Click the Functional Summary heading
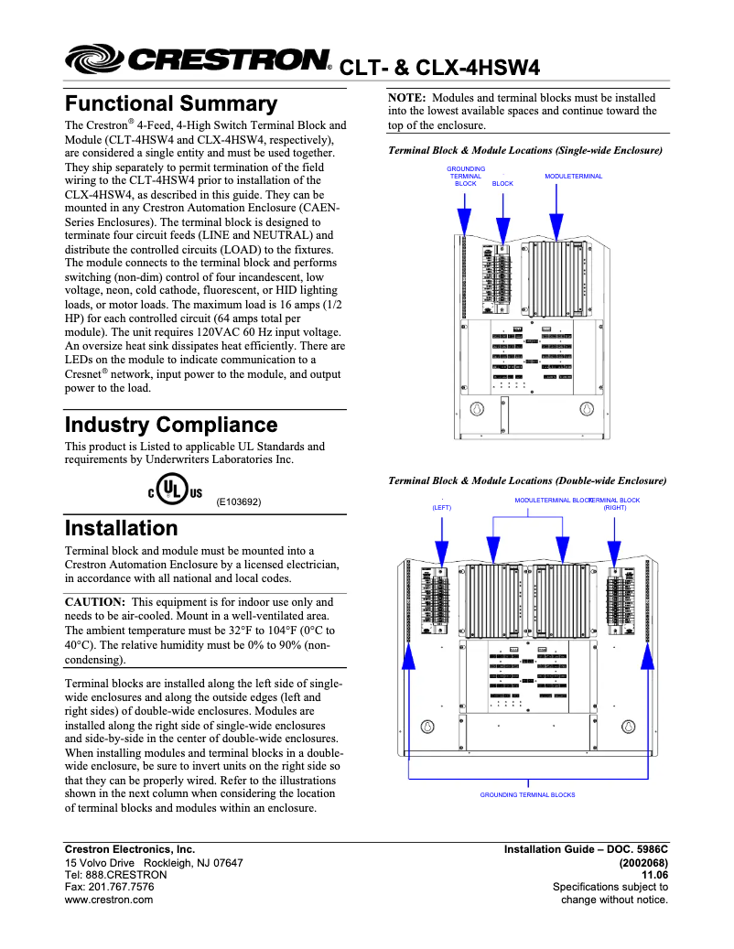click(170, 103)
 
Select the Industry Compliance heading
click(170, 425)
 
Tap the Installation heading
click(121, 528)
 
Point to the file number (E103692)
click(239, 501)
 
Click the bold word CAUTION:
click(95, 602)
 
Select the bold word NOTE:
click(408, 98)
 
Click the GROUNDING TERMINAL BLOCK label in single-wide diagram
click(466, 176)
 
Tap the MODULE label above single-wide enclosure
click(558, 176)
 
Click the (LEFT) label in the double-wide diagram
click(441, 507)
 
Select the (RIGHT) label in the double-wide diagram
click(614, 507)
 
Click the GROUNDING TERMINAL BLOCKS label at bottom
click(527, 794)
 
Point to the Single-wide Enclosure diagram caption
click(525, 149)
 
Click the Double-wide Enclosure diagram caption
click(527, 480)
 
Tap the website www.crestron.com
click(109, 900)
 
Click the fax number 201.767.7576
click(109, 887)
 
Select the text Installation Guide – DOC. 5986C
click(586, 849)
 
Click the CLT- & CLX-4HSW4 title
click(439, 68)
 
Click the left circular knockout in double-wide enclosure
click(426, 727)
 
